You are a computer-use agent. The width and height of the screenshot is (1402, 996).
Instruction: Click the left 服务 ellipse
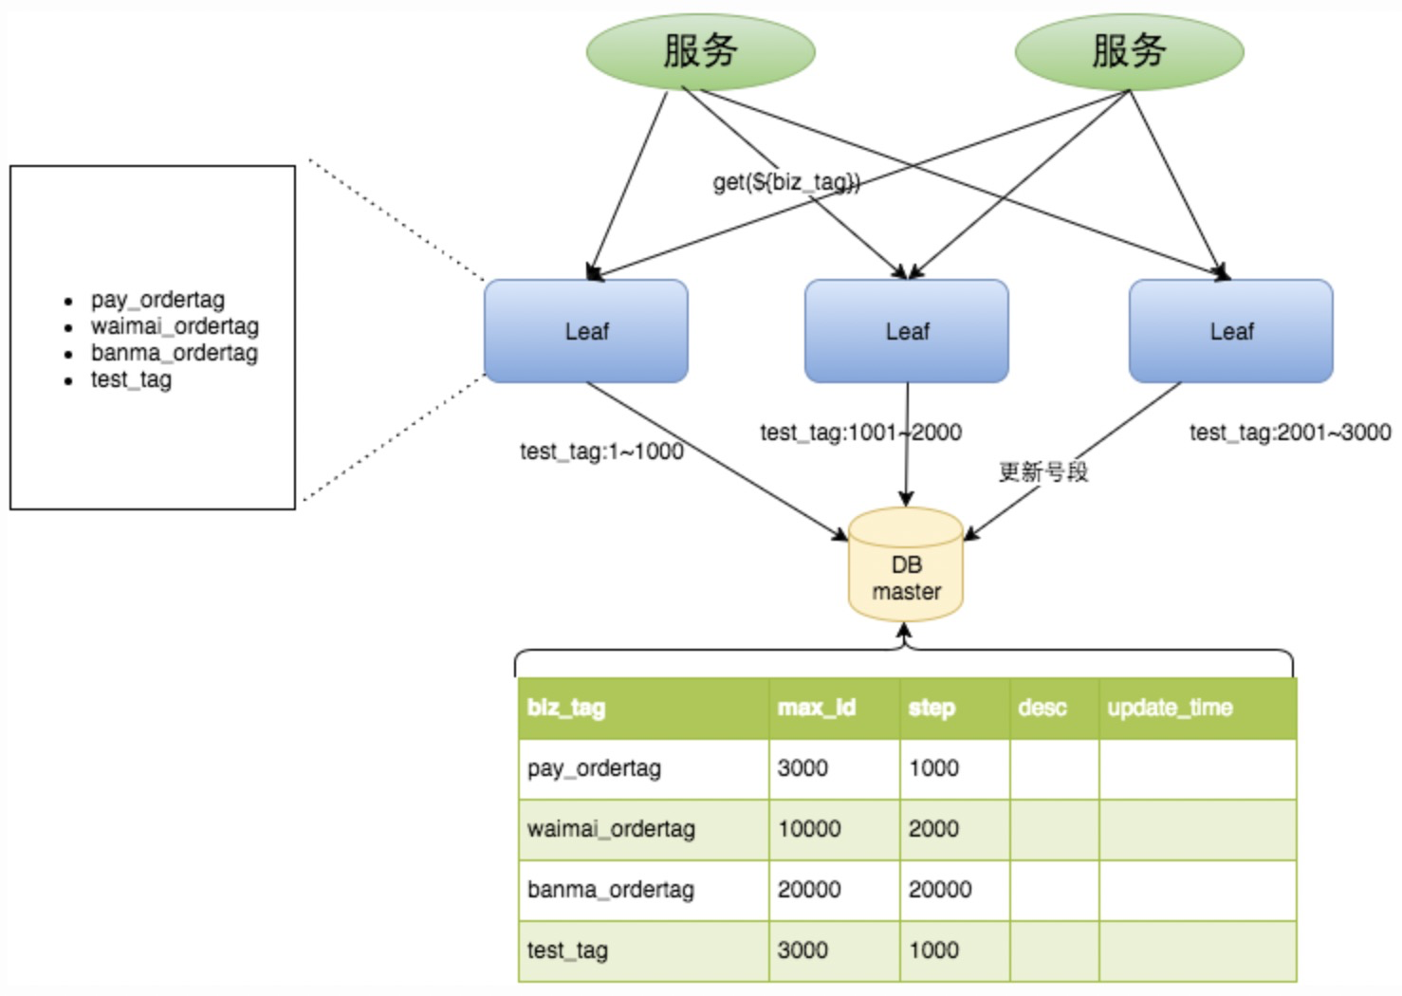coord(700,52)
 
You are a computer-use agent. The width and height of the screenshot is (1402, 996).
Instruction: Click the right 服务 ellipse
coord(1129,52)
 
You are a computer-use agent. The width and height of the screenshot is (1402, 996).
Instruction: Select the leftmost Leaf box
coord(586,330)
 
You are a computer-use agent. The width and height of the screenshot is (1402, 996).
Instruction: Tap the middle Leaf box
coord(906,330)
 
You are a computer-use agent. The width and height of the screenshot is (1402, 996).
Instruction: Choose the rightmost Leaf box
coord(1231,330)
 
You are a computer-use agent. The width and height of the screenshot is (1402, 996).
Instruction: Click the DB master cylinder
coord(906,564)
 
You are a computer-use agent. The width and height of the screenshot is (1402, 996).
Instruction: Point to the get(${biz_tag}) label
coord(786,182)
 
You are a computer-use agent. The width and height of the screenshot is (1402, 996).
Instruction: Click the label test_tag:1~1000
coord(601,452)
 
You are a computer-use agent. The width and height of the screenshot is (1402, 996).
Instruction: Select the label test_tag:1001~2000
coord(860,432)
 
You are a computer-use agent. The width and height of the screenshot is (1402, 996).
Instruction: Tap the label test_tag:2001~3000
coord(1290,432)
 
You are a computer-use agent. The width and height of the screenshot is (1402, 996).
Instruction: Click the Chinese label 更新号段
coord(1043,471)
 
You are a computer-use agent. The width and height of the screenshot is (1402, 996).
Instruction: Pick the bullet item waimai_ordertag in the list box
coord(175,326)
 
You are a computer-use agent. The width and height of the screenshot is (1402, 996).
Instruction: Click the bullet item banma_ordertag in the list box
coord(174,353)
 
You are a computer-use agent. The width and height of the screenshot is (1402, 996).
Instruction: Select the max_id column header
coord(816,708)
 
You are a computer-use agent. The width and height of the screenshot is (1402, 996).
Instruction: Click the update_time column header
coord(1170,708)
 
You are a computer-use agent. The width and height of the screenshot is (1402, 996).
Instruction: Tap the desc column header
coord(1042,708)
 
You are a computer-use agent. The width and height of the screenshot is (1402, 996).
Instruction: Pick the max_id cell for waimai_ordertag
coord(809,829)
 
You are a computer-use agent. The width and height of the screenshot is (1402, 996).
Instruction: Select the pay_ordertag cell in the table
coord(594,768)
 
